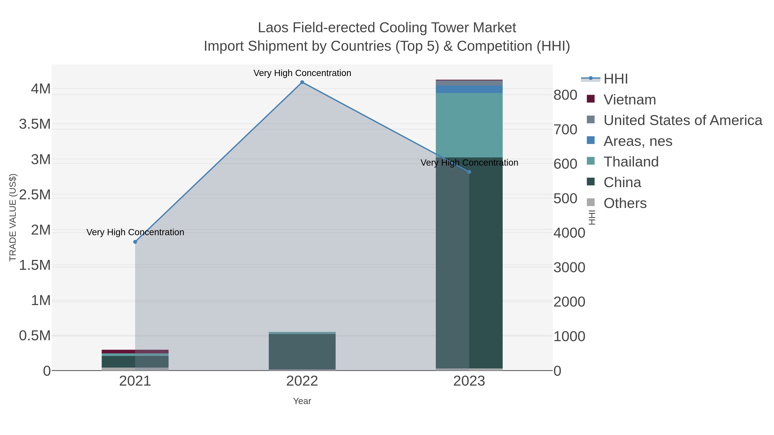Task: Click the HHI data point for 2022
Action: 302,82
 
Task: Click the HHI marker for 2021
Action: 135,242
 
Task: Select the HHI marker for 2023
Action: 469,172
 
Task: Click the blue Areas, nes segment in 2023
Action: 469,89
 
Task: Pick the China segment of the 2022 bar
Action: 302,351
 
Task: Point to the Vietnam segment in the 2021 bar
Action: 135,351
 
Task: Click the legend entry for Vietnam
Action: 630,100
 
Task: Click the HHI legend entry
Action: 615,79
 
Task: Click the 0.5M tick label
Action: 35,336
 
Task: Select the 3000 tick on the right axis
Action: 569,267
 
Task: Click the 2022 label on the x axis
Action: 302,382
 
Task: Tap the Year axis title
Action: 302,401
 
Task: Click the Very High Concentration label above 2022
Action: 302,73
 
